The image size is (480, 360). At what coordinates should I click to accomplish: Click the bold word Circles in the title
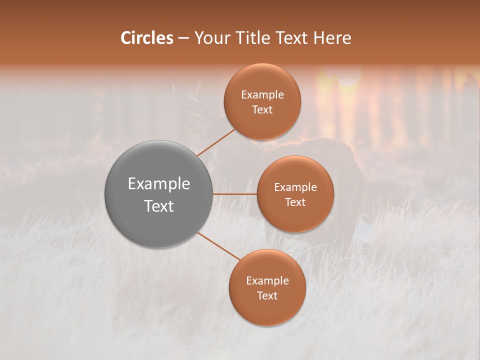146,38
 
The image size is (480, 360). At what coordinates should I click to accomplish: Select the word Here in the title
332,38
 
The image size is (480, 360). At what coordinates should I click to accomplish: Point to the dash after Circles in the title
183,38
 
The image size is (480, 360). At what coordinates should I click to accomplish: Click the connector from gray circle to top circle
216,142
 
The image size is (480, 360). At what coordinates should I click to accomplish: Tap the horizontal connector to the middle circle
234,194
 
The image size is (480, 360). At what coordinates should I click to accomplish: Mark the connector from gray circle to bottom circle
218,245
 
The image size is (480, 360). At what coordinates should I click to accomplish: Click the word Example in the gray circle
159,184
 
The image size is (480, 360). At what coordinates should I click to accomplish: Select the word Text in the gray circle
159,206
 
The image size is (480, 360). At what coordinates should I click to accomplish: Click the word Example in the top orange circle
262,95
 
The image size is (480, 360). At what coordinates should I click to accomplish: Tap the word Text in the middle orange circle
295,202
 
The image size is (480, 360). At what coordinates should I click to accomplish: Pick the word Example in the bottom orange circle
267,281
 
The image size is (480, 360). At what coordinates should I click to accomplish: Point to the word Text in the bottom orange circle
267,295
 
